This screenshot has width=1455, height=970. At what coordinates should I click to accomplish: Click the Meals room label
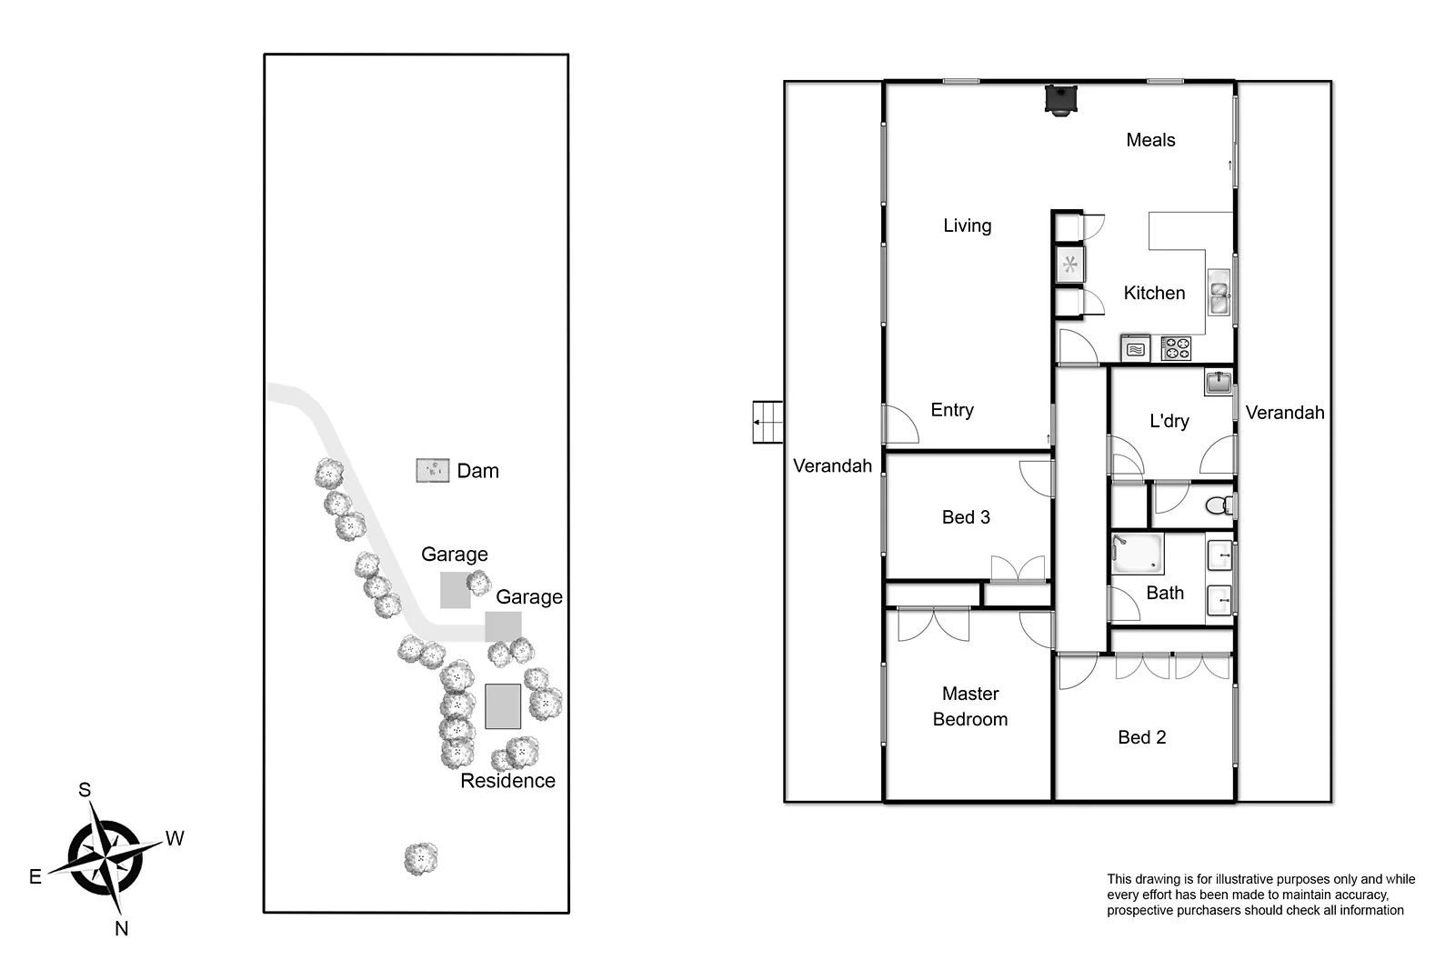pyautogui.click(x=1149, y=140)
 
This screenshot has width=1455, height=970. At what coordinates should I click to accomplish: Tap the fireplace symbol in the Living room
pyautogui.click(x=1060, y=98)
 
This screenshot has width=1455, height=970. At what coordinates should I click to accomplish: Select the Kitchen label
pyautogui.click(x=1153, y=293)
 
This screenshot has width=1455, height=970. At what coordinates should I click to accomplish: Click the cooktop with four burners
pyautogui.click(x=1176, y=348)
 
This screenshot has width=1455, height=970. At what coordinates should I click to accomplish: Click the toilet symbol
pyautogui.click(x=1219, y=505)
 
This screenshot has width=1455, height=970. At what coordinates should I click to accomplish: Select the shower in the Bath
pyautogui.click(x=1137, y=554)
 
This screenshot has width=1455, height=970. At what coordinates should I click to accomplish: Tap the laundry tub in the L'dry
pyautogui.click(x=1219, y=382)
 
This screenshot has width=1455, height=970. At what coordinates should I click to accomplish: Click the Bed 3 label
pyautogui.click(x=965, y=517)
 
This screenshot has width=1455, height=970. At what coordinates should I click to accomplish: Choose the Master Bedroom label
pyautogui.click(x=969, y=706)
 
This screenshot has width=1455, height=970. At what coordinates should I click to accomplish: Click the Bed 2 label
pyautogui.click(x=1141, y=737)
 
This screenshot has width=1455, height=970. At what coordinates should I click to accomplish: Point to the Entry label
pyautogui.click(x=951, y=410)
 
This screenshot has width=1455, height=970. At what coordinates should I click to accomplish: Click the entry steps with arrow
pyautogui.click(x=768, y=422)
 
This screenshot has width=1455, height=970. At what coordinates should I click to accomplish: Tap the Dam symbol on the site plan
pyautogui.click(x=433, y=470)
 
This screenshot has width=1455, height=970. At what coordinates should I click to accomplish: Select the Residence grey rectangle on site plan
pyautogui.click(x=503, y=706)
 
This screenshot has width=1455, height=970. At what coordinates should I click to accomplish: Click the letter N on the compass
pyautogui.click(x=121, y=928)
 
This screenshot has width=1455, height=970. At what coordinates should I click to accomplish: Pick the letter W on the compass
pyautogui.click(x=175, y=838)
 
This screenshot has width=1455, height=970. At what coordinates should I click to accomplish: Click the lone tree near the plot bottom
pyautogui.click(x=420, y=858)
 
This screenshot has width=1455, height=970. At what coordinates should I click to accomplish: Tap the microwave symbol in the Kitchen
pyautogui.click(x=1136, y=348)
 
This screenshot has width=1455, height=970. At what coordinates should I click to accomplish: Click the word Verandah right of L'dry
pyautogui.click(x=1284, y=413)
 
